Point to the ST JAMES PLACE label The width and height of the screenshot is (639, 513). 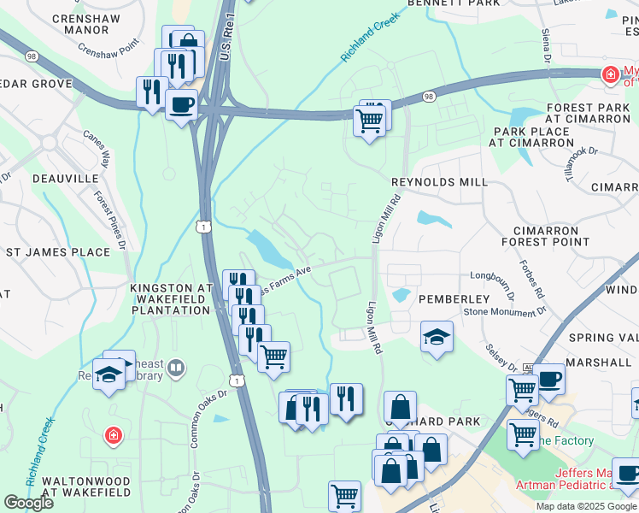(x=58, y=252)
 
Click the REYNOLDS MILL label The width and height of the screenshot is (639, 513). (x=439, y=182)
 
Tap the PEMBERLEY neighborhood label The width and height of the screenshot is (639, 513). (x=454, y=299)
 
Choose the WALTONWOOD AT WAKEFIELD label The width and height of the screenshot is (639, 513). (x=78, y=486)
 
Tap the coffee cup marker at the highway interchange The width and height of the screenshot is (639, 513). (x=182, y=106)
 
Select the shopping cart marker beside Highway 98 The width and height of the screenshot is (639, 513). (x=369, y=121)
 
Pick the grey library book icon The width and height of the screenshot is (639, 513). (x=176, y=369)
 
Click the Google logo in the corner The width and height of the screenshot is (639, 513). (x=28, y=503)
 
